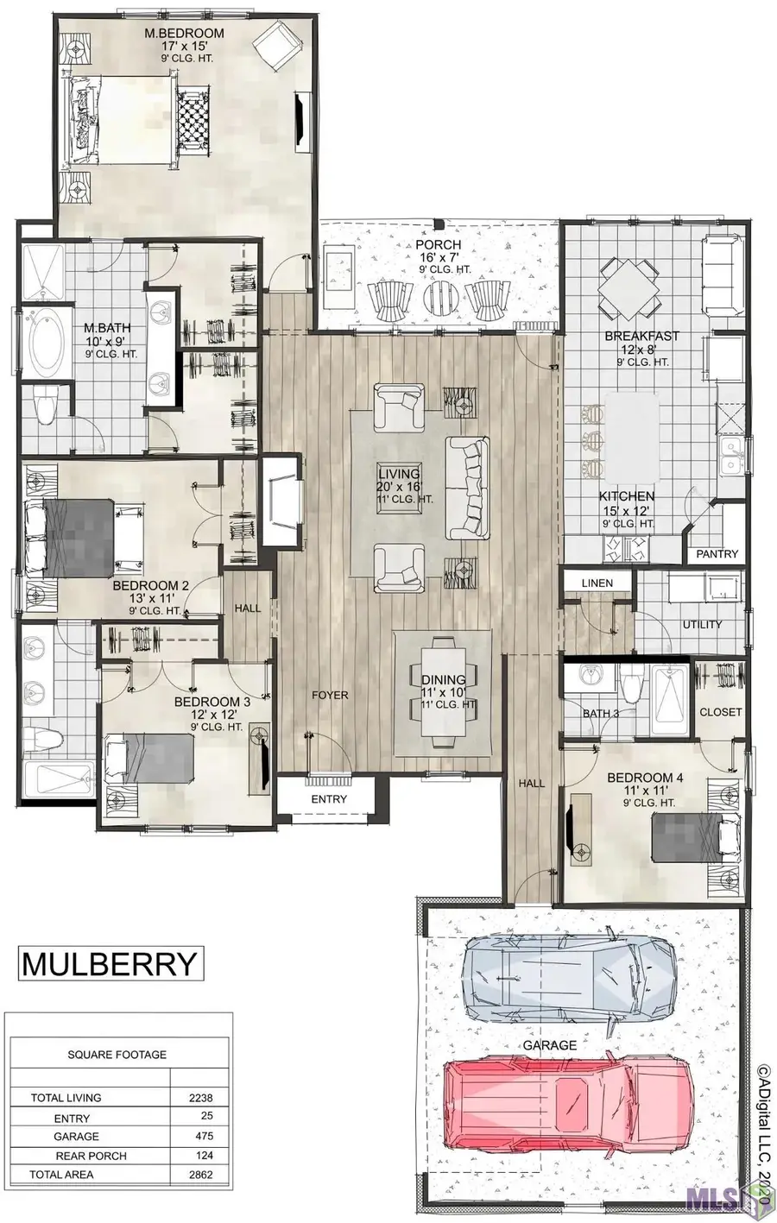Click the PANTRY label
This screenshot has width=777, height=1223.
717,553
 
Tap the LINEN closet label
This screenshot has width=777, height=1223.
597,583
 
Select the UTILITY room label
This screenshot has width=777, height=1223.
702,625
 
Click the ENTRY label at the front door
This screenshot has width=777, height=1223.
329,799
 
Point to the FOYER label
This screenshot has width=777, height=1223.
330,695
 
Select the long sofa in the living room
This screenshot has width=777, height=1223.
467,489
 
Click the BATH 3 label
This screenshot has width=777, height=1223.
601,713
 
